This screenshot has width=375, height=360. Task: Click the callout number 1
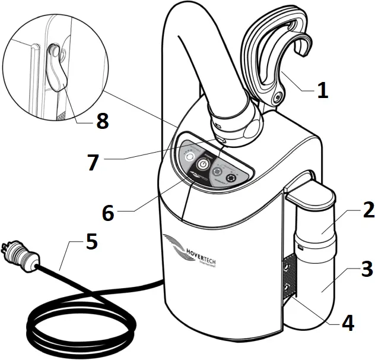[x=322, y=91]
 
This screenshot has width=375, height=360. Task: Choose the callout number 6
[x=107, y=213]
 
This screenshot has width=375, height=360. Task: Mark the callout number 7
[x=92, y=163]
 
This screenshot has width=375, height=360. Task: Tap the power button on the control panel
[x=203, y=163]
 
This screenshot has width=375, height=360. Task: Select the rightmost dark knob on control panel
[x=231, y=178]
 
